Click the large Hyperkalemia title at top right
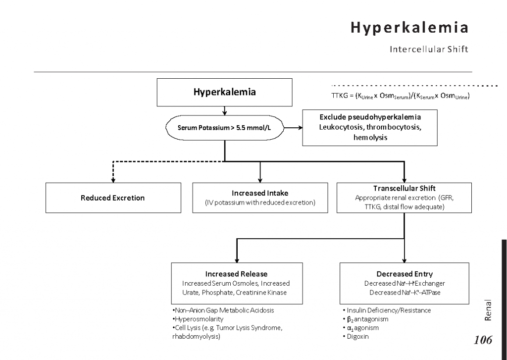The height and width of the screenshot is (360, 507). click(x=409, y=28)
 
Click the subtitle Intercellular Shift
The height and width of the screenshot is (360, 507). click(x=429, y=50)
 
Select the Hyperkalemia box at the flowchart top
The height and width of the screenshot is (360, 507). click(x=224, y=92)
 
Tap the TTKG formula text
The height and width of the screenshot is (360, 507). click(x=400, y=96)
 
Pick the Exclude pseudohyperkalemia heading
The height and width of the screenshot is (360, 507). click(x=370, y=117)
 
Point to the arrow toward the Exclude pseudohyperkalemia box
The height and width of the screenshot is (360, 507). click(x=293, y=127)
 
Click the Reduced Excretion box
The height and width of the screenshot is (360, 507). click(x=113, y=198)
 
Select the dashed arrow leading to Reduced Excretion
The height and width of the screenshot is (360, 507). click(x=113, y=173)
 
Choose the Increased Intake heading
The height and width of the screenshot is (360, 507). click(x=260, y=193)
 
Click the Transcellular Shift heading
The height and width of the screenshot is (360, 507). click(x=405, y=189)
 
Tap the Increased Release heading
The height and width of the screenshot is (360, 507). click(x=236, y=274)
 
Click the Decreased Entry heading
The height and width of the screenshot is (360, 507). click(x=405, y=274)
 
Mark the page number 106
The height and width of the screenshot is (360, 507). click(x=483, y=340)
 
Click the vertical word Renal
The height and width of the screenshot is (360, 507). click(x=488, y=310)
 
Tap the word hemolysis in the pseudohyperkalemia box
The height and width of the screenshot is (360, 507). click(x=370, y=137)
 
